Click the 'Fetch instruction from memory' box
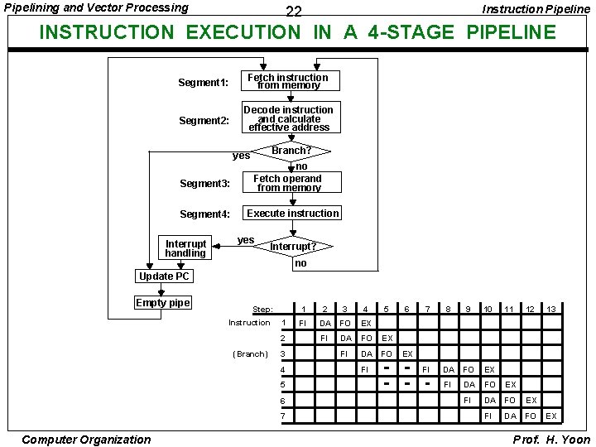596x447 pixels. [x=288, y=81]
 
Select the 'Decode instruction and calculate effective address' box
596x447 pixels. [x=288, y=118]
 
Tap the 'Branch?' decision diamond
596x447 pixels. [x=291, y=151]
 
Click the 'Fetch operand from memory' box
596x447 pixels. [x=287, y=183]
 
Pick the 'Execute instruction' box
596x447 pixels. [x=292, y=214]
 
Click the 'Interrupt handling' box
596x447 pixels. [x=185, y=248]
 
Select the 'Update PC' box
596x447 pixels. [x=164, y=276]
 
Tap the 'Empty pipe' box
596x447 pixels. [x=163, y=303]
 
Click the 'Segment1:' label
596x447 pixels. [x=203, y=83]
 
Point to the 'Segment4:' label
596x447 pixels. [x=204, y=214]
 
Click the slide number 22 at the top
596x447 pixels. [x=293, y=12]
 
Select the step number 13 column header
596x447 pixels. [x=550, y=309]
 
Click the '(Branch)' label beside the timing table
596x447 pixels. [x=250, y=353]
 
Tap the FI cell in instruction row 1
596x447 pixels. [x=303, y=323]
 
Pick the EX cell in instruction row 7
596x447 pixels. [x=550, y=416]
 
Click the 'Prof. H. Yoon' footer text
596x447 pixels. [x=551, y=439]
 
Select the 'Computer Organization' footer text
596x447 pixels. [x=87, y=440]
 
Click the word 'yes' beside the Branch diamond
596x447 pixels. [x=241, y=156]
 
